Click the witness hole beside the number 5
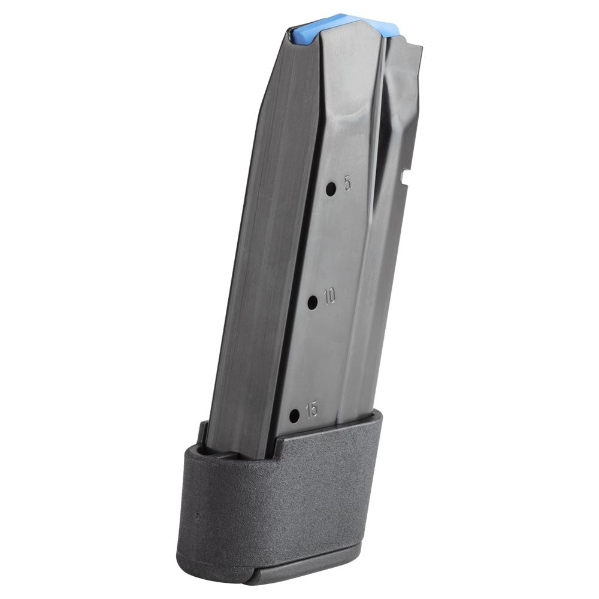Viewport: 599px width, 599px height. point(331,188)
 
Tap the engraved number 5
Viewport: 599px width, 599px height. point(347,184)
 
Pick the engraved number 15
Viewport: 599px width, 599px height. point(311,410)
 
